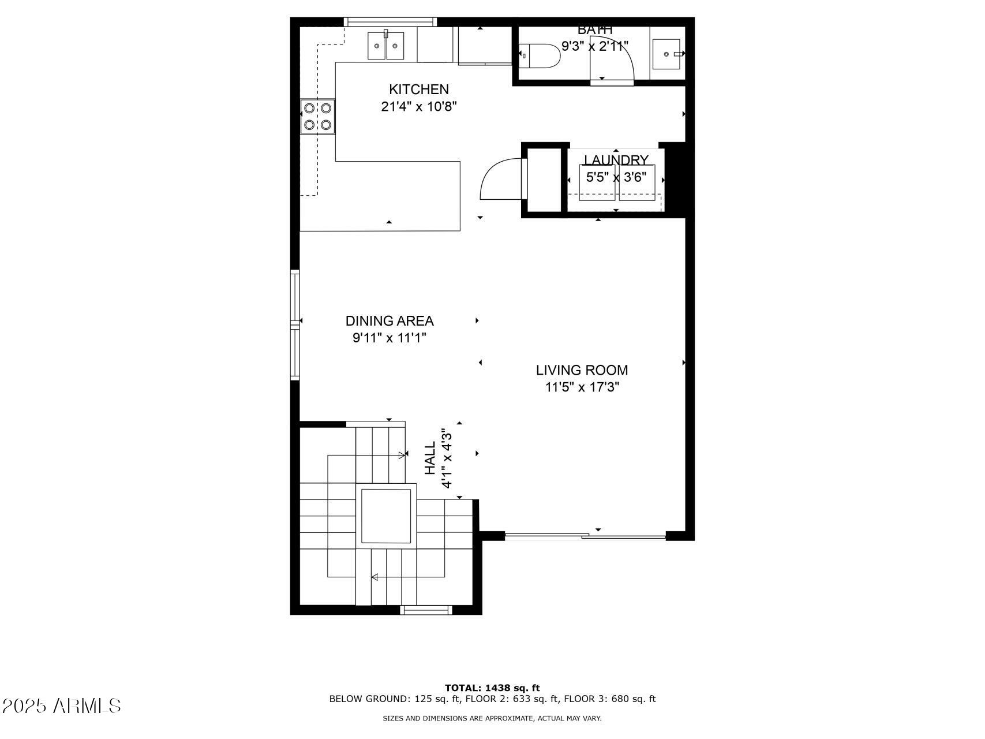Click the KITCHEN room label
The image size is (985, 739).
pos(418,89)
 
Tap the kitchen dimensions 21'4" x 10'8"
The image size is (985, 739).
pos(419,107)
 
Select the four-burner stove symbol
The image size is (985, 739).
pos(317,116)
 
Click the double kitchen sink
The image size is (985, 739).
pos(386,46)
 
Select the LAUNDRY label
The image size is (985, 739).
pos(616,160)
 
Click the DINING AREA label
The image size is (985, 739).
pos(389,321)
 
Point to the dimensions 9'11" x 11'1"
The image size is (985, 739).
pos(389,338)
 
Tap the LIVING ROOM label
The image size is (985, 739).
pos(582,370)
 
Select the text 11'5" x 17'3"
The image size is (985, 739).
pos(582,387)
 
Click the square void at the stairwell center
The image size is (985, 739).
pos(386,516)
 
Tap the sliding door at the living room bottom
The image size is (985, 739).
pos(585,536)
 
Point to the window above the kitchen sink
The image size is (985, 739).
pos(390,22)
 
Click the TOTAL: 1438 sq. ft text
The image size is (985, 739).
pos(492,688)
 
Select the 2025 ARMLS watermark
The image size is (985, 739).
pos(62,706)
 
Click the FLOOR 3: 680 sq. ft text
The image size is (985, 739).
pos(609,699)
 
